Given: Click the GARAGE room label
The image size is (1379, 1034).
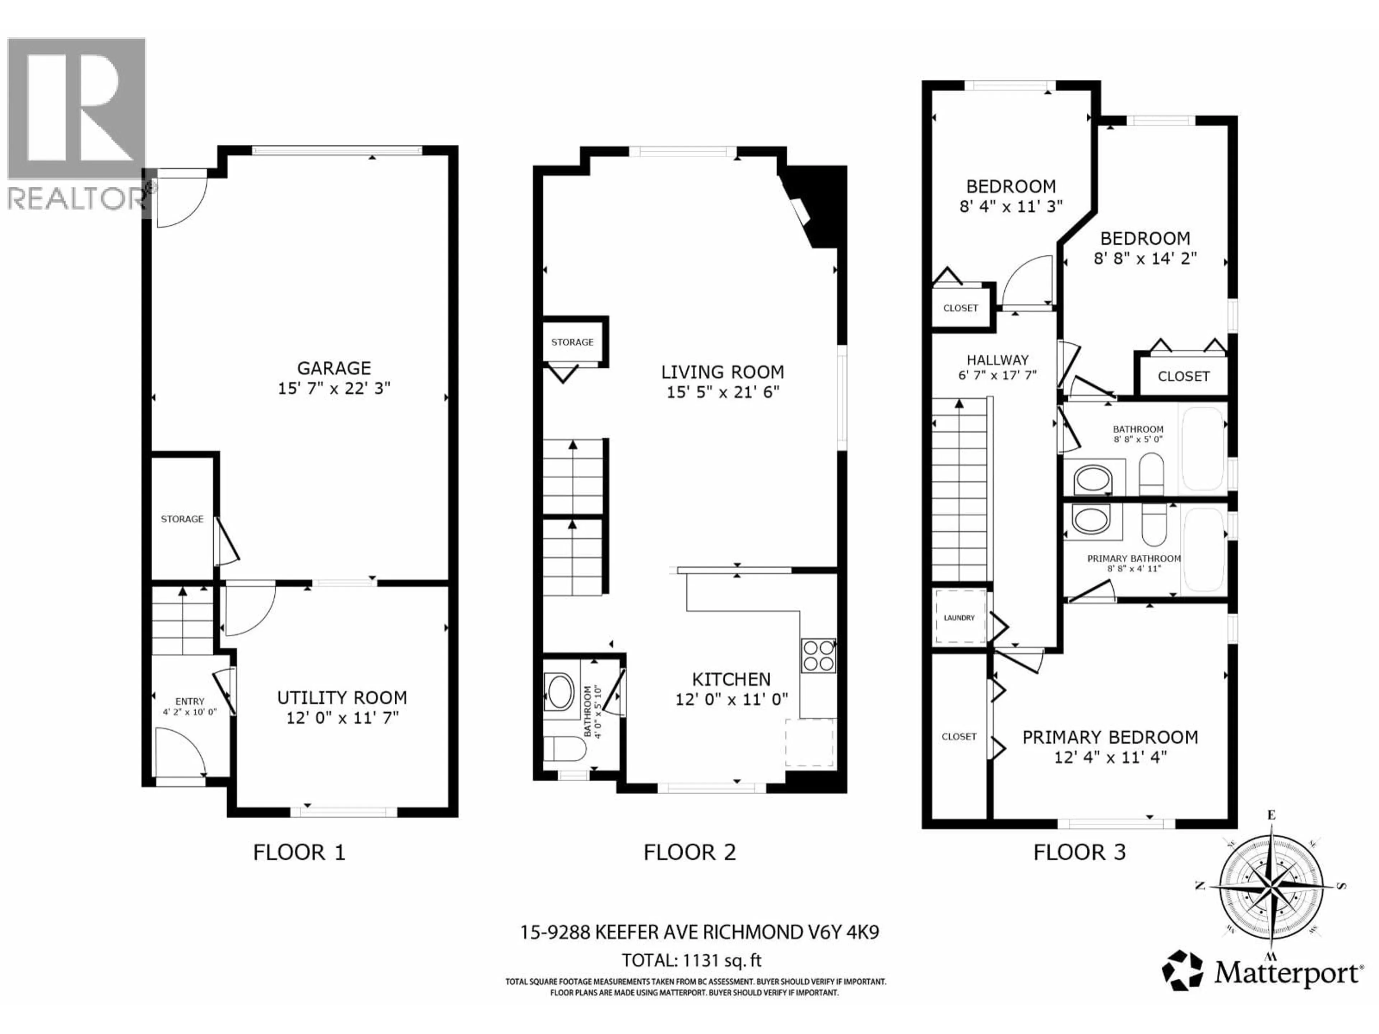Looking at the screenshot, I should coord(334,368).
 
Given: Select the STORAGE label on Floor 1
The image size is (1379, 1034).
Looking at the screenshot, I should coord(182,518).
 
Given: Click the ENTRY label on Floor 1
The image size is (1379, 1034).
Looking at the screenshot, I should coord(190,701).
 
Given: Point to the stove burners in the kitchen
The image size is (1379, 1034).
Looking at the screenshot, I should coord(818,656).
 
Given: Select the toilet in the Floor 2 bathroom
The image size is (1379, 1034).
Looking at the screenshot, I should coord(564,749).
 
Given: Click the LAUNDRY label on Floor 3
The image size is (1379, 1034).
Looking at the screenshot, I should coord(959,618).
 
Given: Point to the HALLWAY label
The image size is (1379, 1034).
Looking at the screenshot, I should coord(998,360).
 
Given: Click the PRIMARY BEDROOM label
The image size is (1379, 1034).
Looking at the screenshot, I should coord(1110,737).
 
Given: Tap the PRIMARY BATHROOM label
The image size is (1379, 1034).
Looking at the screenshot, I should coord(1133,558).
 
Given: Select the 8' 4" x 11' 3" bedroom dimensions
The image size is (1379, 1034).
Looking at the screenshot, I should coord(1011,206).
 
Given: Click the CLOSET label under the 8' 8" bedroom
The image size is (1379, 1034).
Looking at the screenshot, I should coord(1183,377).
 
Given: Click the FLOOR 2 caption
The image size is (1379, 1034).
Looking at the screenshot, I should coord(689,852).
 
